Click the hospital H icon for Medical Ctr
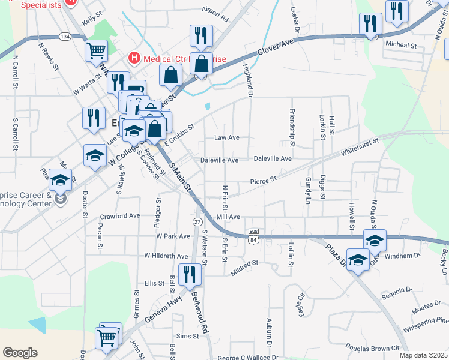[x=134, y=58]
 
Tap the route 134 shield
[x=65, y=37]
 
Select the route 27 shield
[x=197, y=221]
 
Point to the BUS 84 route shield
[x=253, y=236]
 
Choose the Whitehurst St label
[x=360, y=147]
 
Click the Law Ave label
[x=227, y=137]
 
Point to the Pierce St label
[x=263, y=179]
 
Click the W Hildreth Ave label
[x=167, y=256]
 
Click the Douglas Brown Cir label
[x=372, y=347]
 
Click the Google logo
[x=20, y=352]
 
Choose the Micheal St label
[x=400, y=45]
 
